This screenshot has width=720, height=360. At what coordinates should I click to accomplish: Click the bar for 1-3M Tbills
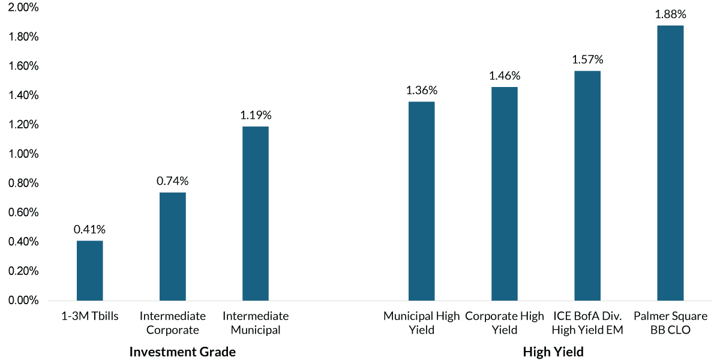point(90,271)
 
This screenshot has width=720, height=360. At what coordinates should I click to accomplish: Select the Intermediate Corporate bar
point(173,247)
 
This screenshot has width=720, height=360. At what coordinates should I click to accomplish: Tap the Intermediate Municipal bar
point(256,214)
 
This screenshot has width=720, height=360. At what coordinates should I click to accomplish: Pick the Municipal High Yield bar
point(421,201)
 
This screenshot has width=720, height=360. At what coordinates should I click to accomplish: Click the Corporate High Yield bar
point(504,194)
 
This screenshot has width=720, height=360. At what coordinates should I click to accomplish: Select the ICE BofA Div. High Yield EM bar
point(587,185)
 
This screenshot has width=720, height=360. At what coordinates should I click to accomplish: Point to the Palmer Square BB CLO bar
point(670,163)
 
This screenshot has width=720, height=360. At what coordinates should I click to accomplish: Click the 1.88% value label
point(670,14)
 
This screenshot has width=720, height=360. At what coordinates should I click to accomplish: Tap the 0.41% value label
point(90,229)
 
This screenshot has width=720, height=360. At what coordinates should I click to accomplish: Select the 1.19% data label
point(256,115)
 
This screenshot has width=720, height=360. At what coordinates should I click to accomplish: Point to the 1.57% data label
point(587,60)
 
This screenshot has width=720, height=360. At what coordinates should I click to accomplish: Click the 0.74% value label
point(173,181)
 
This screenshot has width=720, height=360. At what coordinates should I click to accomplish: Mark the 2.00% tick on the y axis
point(22,8)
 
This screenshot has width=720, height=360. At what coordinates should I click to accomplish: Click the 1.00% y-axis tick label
point(22,154)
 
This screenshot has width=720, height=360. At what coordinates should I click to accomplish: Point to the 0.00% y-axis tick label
point(22,301)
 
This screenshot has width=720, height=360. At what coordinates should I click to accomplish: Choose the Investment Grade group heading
point(182,352)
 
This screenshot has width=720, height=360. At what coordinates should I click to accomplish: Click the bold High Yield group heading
point(553,352)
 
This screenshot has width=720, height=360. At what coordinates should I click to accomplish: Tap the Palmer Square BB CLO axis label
point(670,323)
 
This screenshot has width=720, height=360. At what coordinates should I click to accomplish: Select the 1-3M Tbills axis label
point(90,316)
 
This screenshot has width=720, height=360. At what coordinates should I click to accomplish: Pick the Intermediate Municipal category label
point(256,323)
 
